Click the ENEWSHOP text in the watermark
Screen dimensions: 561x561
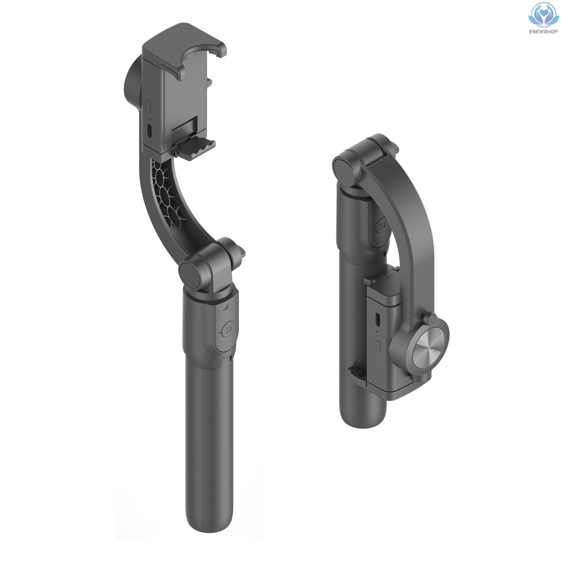pyautogui.click(x=543, y=31)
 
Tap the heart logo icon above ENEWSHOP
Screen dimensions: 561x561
pyautogui.click(x=543, y=15)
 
